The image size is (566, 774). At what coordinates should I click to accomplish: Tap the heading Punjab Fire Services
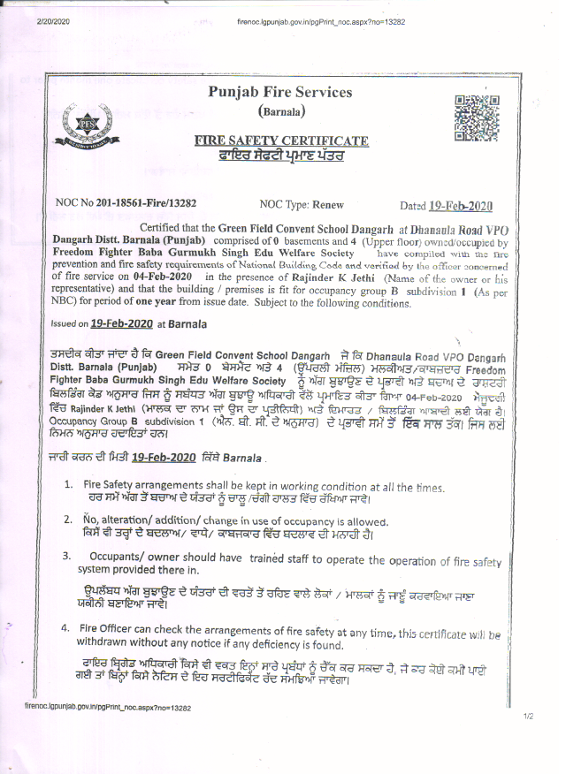pos(279,92)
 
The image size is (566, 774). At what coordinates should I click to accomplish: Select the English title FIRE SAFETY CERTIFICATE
pos(281,140)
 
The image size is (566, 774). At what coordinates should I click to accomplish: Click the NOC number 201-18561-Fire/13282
pos(146,203)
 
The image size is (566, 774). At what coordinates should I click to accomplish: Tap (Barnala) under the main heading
pos(281,112)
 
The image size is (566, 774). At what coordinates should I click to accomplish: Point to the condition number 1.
pos(68,486)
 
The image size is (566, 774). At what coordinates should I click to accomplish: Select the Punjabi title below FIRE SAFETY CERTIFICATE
pos(281,155)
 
